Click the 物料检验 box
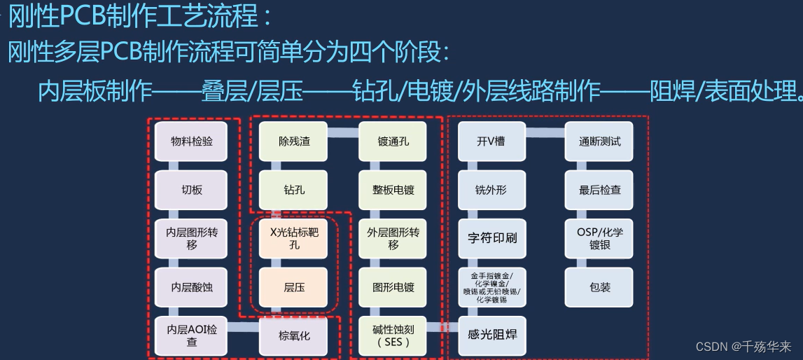pos(192,141)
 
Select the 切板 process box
pos(192,189)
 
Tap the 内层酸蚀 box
pos(192,286)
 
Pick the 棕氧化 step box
pos(294,335)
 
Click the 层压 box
pos(294,286)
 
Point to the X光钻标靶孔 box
pos(294,238)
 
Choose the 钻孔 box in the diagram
pos(294,189)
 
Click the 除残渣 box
pos(294,141)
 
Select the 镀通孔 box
pos(393,141)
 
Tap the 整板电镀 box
pos(393,189)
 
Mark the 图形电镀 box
pos(393,286)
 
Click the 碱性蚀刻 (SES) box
pos(393,335)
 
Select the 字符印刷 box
pos(492,238)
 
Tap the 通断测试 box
pos(599,141)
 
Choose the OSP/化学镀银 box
pos(599,238)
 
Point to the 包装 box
pos(599,286)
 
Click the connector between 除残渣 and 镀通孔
pos(344,134)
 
